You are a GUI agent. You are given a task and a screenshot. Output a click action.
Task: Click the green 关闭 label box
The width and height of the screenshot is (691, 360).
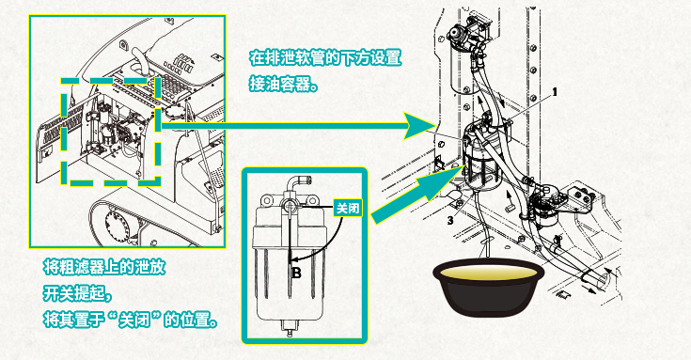[348, 208]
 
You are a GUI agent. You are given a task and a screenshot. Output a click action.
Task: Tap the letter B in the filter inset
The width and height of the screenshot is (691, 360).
[296, 274]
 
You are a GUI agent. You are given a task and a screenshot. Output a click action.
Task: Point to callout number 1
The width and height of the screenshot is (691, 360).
[555, 92]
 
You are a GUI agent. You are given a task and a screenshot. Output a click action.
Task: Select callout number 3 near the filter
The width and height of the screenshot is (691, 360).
[450, 220]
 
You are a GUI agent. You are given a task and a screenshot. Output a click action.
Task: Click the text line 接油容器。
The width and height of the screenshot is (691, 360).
[283, 84]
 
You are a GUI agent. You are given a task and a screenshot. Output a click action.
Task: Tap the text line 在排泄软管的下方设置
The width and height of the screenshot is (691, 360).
[325, 57]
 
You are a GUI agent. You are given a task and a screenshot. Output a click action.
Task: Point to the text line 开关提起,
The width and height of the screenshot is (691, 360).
[77, 293]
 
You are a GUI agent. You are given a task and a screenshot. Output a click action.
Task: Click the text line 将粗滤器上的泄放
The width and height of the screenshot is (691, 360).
[104, 267]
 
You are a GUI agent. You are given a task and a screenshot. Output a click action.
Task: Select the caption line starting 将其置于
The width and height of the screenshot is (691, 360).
[131, 320]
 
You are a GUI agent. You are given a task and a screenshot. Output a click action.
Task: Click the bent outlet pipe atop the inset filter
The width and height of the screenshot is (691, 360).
[296, 184]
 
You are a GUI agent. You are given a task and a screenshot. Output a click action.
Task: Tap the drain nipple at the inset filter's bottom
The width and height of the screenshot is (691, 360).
[290, 329]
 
